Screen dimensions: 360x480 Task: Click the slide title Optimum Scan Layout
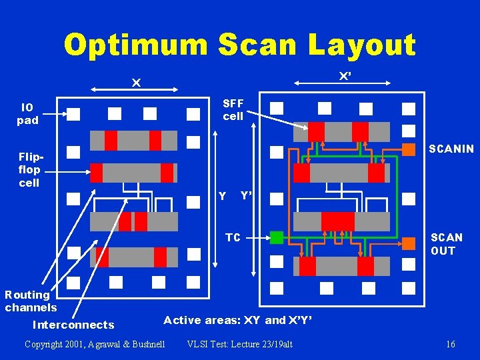pyautogui.click(x=240, y=45)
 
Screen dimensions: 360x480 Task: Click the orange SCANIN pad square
pyautogui.click(x=409, y=149)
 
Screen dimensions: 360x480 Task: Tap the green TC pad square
pyautogui.click(x=277, y=237)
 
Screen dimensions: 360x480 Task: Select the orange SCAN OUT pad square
pyautogui.click(x=409, y=244)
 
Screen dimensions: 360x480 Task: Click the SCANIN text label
pyautogui.click(x=451, y=149)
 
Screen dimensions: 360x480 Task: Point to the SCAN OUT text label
pyautogui.click(x=446, y=244)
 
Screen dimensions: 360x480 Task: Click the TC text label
pyautogui.click(x=233, y=237)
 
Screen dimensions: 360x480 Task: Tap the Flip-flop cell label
pyautogui.click(x=29, y=169)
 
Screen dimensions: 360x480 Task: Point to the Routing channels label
pyautogui.click(x=30, y=301)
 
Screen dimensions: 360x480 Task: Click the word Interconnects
pyautogui.click(x=73, y=325)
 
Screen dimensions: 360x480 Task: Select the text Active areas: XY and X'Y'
pyautogui.click(x=237, y=320)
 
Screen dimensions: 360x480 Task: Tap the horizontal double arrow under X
pyautogui.click(x=137, y=89)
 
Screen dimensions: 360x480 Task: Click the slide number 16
pyautogui.click(x=451, y=345)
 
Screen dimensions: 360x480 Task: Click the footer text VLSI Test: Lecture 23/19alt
pyautogui.click(x=240, y=345)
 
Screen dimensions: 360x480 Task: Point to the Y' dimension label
pyautogui.click(x=245, y=196)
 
